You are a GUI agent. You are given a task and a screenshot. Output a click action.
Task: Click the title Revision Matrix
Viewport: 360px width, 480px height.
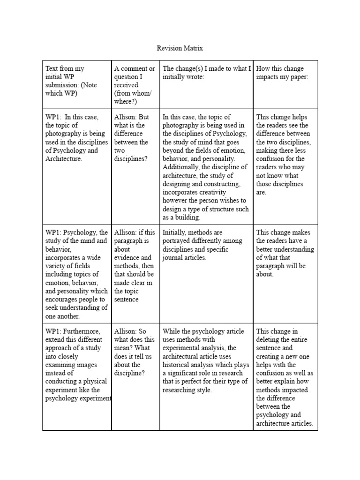click(180, 48)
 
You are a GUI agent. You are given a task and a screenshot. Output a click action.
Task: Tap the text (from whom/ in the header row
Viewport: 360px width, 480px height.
click(133, 93)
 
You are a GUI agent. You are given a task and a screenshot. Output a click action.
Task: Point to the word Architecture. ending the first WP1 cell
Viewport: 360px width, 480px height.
click(64, 159)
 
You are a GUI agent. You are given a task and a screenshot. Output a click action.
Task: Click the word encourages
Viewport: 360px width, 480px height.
click(59, 300)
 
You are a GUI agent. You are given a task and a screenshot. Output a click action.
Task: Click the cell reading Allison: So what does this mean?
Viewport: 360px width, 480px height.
click(135, 352)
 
